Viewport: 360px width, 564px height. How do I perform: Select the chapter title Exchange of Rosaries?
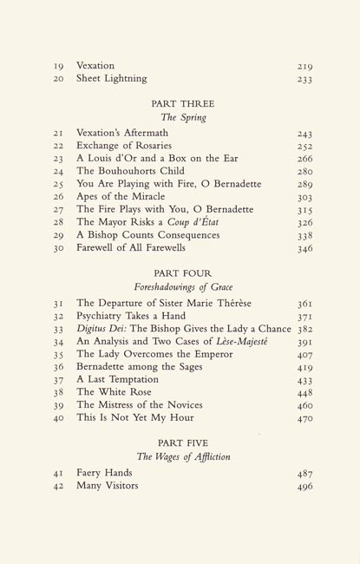click(124, 145)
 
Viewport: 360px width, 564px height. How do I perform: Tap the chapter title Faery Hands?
click(104, 472)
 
